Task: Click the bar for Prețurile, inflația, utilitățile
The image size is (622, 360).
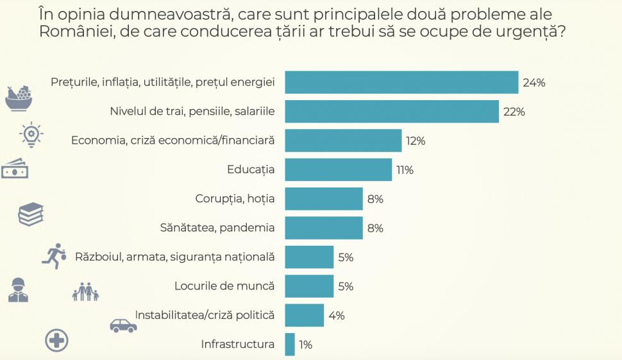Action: tap(401, 83)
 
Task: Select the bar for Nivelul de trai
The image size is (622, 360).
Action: tap(392, 112)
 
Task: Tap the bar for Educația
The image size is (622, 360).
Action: tap(338, 170)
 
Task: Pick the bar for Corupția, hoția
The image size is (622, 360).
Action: tap(324, 199)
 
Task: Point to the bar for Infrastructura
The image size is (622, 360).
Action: tap(290, 345)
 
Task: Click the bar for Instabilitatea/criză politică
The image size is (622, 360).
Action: tap(304, 316)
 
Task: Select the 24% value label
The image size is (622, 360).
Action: tap(534, 83)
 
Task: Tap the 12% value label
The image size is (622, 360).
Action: tap(416, 141)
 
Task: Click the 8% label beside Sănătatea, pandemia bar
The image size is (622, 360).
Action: tap(375, 228)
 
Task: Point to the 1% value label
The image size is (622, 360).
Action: tap(305, 345)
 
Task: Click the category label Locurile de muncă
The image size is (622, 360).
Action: tap(224, 286)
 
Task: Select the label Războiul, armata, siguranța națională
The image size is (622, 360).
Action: tap(174, 257)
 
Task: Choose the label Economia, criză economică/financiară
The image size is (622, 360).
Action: tap(173, 141)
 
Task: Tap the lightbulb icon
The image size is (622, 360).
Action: tap(31, 134)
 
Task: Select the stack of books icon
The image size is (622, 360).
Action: tap(30, 214)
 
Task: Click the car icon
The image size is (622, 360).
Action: tap(123, 325)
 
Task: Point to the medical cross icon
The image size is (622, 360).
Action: tap(56, 340)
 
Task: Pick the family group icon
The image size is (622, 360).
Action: tap(85, 293)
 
